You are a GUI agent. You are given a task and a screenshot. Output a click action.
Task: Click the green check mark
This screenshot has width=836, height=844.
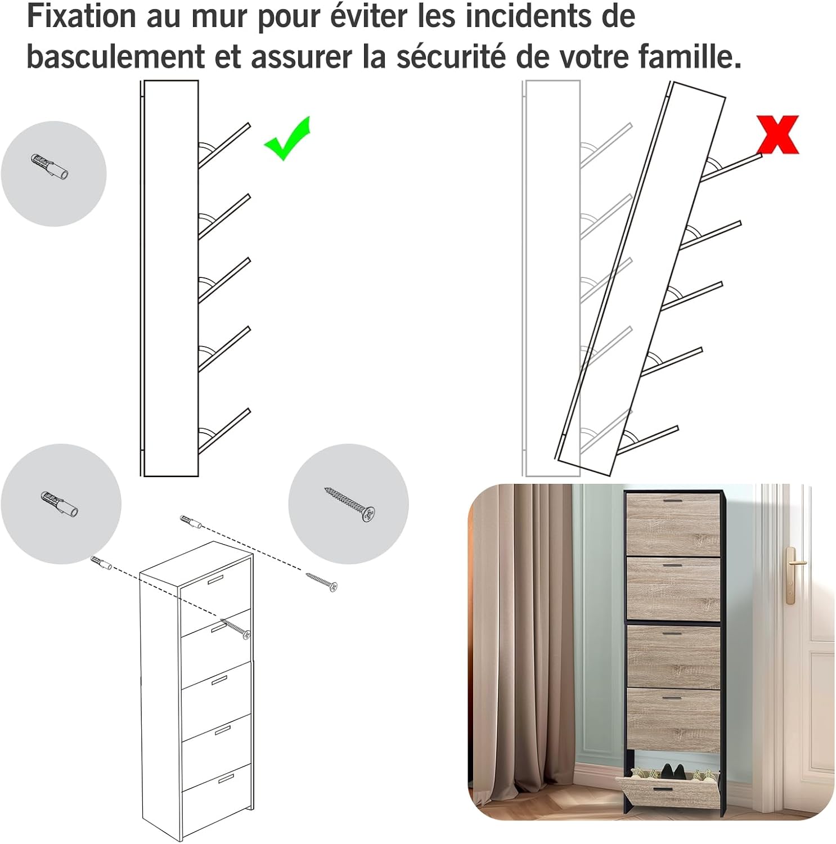pyautogui.click(x=287, y=138)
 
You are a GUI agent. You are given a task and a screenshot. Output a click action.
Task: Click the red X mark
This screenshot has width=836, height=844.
pyautogui.click(x=777, y=134)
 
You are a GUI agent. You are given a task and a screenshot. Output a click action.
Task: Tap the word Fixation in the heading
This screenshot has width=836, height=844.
pyautogui.click(x=82, y=16)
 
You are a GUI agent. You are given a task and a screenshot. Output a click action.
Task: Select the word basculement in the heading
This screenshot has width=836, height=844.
pyautogui.click(x=116, y=56)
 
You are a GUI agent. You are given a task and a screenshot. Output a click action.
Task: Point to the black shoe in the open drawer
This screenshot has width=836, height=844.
pyautogui.click(x=673, y=771)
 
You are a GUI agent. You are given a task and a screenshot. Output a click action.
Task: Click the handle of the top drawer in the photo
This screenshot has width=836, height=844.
pyautogui.click(x=672, y=500)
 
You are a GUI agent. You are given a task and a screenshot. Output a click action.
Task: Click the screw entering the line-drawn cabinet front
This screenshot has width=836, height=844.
pyautogui.click(x=236, y=628)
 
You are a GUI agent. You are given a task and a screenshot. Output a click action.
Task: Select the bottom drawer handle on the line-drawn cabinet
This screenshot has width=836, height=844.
pyautogui.click(x=226, y=778)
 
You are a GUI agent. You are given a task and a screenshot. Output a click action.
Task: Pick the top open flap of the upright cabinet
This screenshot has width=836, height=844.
pyautogui.click(x=224, y=145)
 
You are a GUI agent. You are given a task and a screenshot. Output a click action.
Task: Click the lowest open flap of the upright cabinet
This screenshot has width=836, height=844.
pyautogui.click(x=224, y=431)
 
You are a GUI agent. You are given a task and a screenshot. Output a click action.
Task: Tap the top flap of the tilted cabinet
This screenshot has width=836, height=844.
pyautogui.click(x=731, y=167)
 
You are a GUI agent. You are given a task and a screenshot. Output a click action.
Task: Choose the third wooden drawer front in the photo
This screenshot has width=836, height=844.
pyautogui.click(x=673, y=656)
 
